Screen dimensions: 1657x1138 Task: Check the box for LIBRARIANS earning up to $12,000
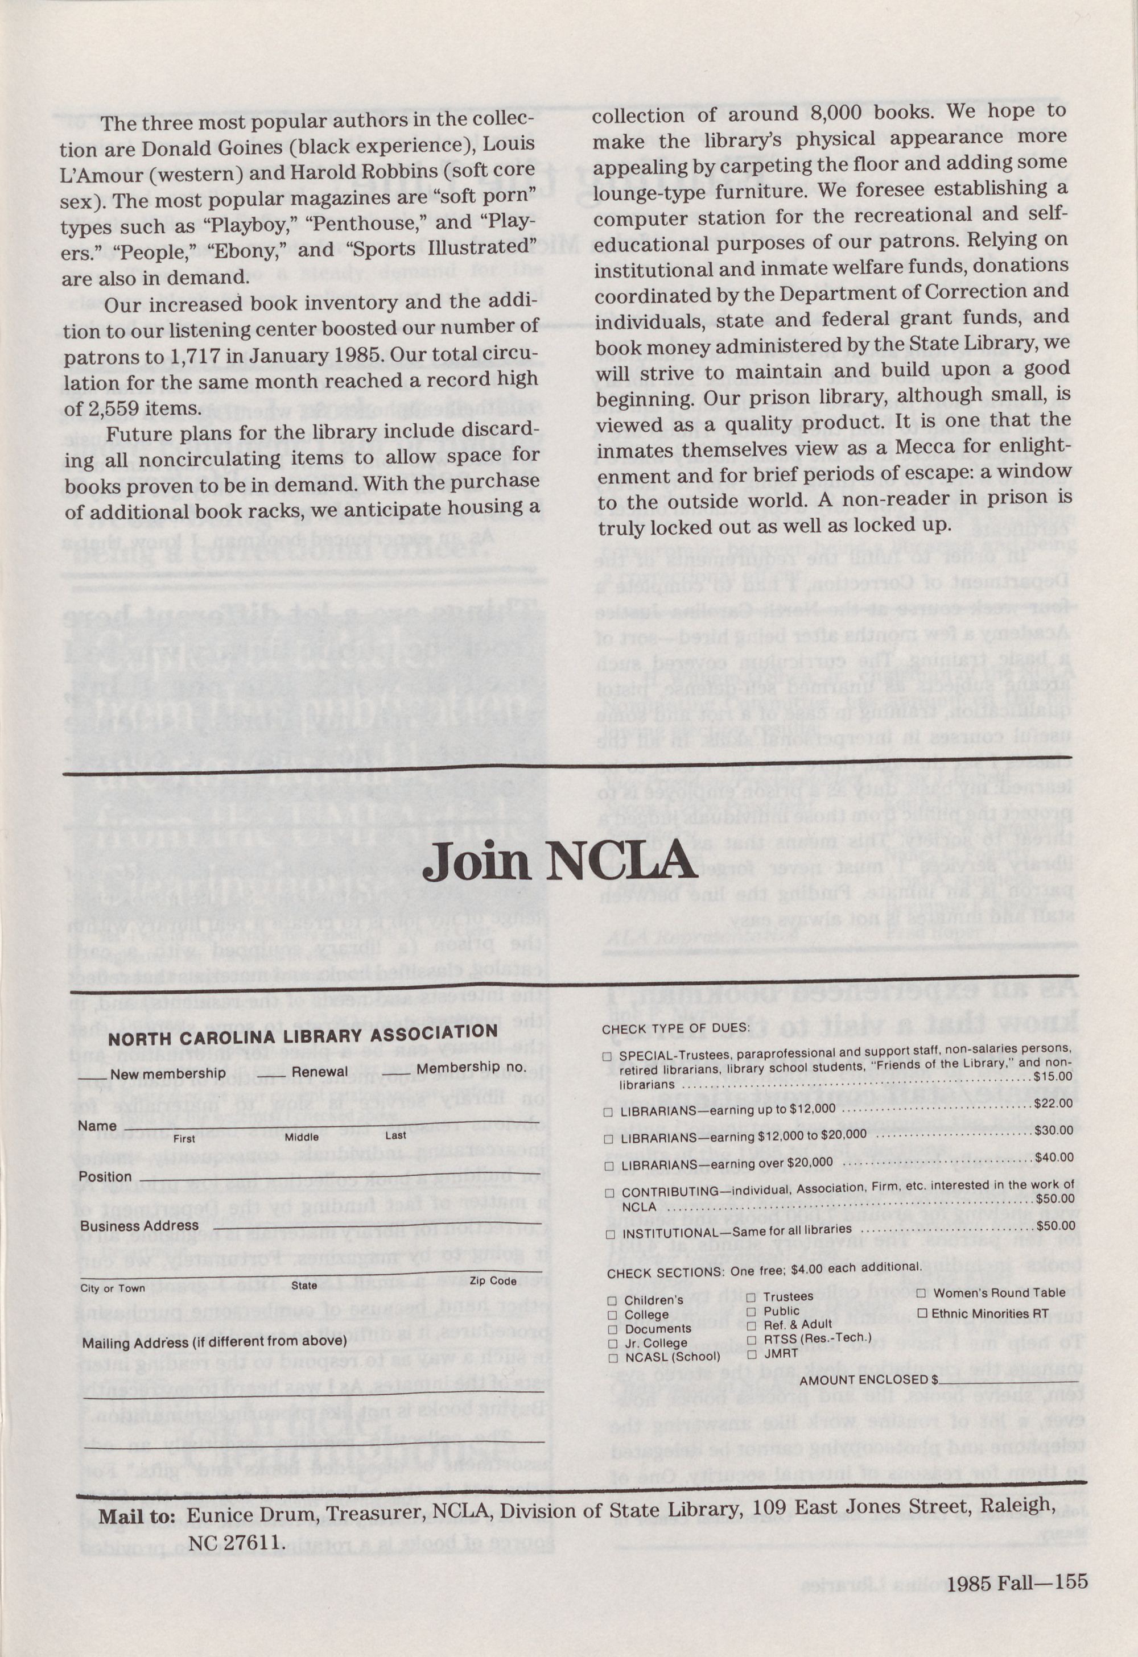(608, 1112)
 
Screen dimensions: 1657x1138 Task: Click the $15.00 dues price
(1053, 1076)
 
